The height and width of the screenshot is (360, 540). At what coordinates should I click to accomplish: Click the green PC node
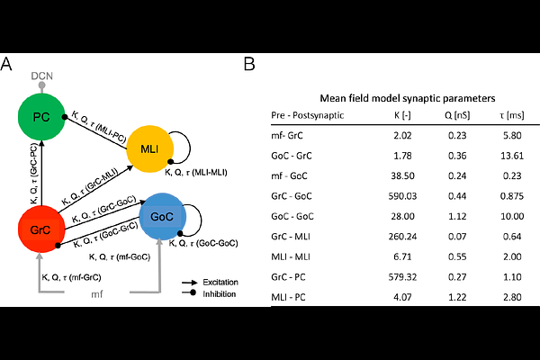pos(42,118)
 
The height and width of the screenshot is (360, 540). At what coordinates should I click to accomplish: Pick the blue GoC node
pos(163,217)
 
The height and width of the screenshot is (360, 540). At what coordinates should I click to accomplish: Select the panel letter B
pos(250,64)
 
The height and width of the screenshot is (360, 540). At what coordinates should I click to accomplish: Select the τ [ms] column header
pos(514,116)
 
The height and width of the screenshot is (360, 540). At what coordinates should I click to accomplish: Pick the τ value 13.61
pos(514,157)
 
